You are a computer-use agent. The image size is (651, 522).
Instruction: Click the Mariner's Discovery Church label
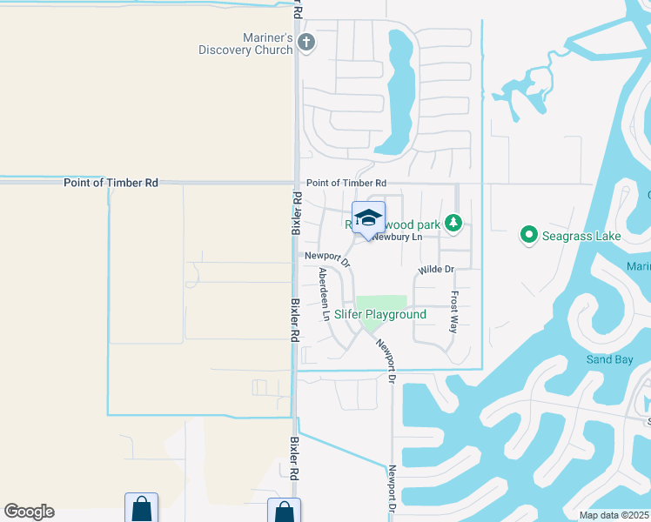245,43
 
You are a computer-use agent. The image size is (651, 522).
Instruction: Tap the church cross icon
305,42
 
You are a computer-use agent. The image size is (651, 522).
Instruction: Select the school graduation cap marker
368,217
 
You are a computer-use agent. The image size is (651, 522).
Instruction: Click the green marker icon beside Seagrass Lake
527,235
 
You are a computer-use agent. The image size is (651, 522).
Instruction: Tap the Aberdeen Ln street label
324,294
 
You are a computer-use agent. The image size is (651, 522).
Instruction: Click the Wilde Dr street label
436,270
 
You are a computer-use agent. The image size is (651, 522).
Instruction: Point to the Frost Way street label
453,311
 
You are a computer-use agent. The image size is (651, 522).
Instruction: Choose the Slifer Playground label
380,314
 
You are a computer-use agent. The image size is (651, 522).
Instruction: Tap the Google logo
29,512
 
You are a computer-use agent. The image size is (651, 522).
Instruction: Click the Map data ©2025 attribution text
614,515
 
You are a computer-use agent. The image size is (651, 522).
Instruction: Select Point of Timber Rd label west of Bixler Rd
111,183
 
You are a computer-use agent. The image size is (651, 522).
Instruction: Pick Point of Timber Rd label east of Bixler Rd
346,183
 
